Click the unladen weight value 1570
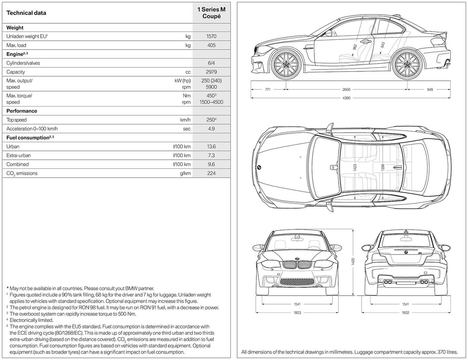tap(211, 37)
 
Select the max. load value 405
tap(211, 45)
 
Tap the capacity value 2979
tap(211, 72)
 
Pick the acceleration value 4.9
tap(211, 129)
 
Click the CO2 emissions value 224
tap(211, 173)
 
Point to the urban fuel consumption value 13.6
tap(211, 147)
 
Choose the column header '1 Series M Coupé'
tap(211, 12)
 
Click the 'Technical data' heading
tap(26, 13)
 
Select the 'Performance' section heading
tap(21, 111)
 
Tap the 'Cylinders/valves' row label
tap(23, 63)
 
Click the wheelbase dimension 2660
tap(346, 90)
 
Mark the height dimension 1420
tap(353, 261)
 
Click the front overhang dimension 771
tap(268, 90)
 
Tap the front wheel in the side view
tap(287, 64)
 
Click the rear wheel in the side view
tap(408, 64)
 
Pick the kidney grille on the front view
tap(297, 265)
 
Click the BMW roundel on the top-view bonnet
tap(259, 168)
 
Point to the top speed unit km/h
tap(185, 120)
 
